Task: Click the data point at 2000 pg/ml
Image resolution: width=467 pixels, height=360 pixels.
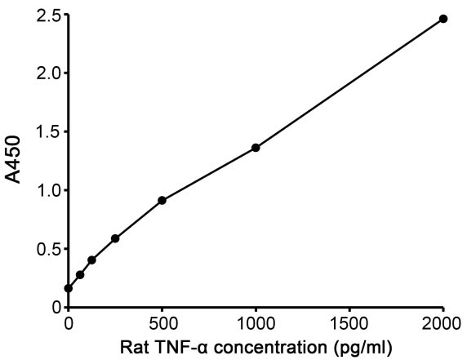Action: (443, 18)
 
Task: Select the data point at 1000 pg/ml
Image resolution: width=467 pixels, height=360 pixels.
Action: (256, 148)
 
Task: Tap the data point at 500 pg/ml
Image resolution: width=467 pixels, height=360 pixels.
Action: (162, 200)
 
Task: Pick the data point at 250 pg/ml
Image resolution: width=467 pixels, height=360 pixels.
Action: (115, 238)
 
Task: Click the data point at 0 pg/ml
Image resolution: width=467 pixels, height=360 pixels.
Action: (69, 288)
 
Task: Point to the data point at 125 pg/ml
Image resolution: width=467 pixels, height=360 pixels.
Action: (91, 260)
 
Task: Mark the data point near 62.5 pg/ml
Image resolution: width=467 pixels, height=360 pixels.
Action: (80, 274)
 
